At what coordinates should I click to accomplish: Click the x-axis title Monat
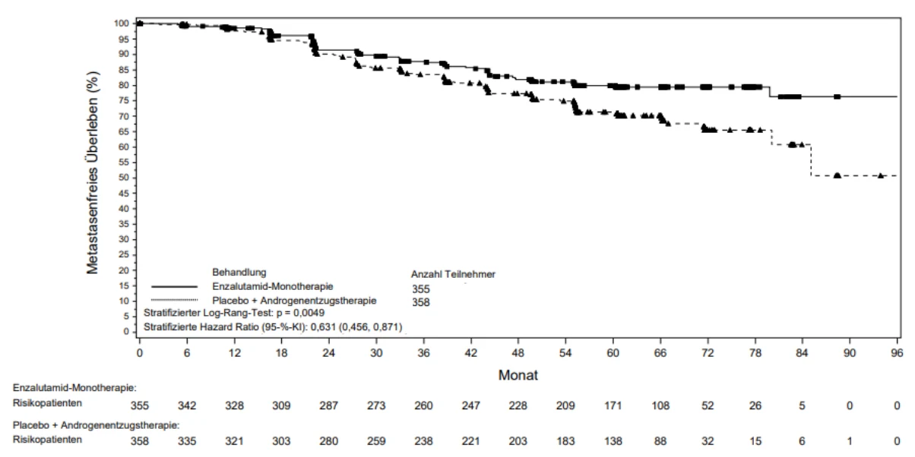(518, 375)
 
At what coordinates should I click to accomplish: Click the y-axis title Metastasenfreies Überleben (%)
(93, 173)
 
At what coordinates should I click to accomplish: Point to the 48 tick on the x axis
(518, 340)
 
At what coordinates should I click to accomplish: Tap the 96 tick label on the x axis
(897, 352)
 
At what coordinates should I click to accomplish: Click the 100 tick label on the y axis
(122, 24)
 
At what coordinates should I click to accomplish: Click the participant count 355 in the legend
(421, 289)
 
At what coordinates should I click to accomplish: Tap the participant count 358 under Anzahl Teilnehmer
(421, 302)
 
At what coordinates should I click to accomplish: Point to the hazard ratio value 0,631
(323, 327)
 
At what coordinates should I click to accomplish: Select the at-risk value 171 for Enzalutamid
(613, 405)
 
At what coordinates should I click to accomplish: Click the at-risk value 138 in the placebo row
(613, 441)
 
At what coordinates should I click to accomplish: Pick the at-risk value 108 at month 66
(660, 405)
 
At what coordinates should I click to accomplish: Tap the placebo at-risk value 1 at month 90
(850, 441)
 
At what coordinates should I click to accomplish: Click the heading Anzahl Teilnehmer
(453, 274)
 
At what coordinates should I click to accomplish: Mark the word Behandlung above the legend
(239, 273)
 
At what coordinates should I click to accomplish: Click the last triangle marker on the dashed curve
(881, 175)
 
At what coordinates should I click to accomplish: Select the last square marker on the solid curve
(837, 96)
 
